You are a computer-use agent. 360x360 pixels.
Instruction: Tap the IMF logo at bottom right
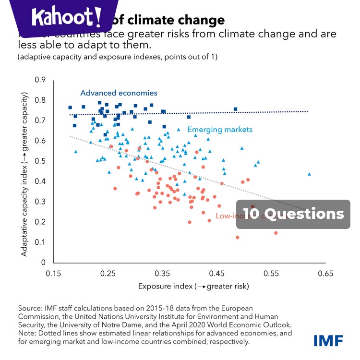click(328, 340)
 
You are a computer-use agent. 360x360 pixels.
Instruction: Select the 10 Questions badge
click(293, 214)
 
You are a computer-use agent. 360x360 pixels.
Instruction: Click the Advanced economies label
click(119, 93)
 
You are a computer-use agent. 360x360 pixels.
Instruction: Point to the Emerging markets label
click(219, 130)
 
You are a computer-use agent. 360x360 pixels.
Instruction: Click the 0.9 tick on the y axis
click(42, 80)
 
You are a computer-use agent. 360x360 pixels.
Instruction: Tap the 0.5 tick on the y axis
click(42, 161)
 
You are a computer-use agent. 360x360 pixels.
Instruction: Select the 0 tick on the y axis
click(44, 263)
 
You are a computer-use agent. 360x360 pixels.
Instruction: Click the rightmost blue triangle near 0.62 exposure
click(309, 174)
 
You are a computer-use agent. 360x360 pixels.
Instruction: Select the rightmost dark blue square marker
click(235, 109)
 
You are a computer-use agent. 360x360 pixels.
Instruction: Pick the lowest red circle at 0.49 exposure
click(237, 238)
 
